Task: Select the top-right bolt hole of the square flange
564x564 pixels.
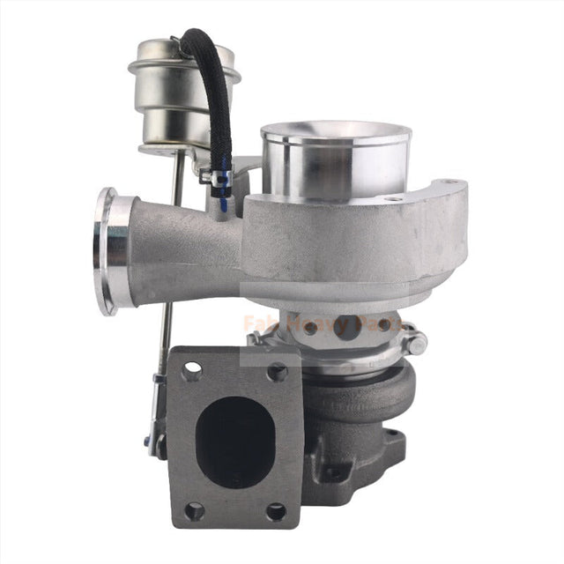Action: (x=277, y=372)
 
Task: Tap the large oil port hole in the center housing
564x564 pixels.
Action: (x=345, y=323)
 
